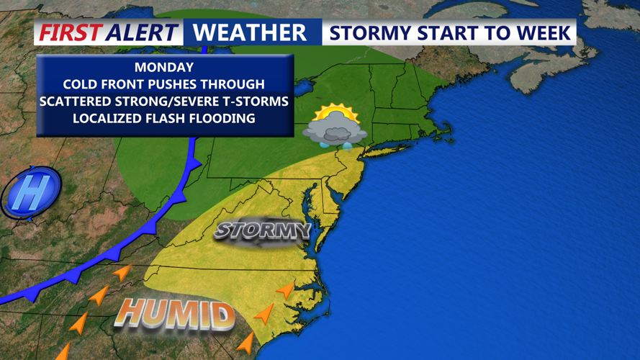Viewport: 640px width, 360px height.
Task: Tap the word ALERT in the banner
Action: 141,32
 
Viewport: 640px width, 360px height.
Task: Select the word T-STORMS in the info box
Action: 258,102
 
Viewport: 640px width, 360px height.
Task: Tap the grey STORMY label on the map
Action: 263,231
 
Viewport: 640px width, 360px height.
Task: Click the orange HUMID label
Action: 176,315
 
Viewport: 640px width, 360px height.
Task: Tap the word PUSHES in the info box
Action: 180,85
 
